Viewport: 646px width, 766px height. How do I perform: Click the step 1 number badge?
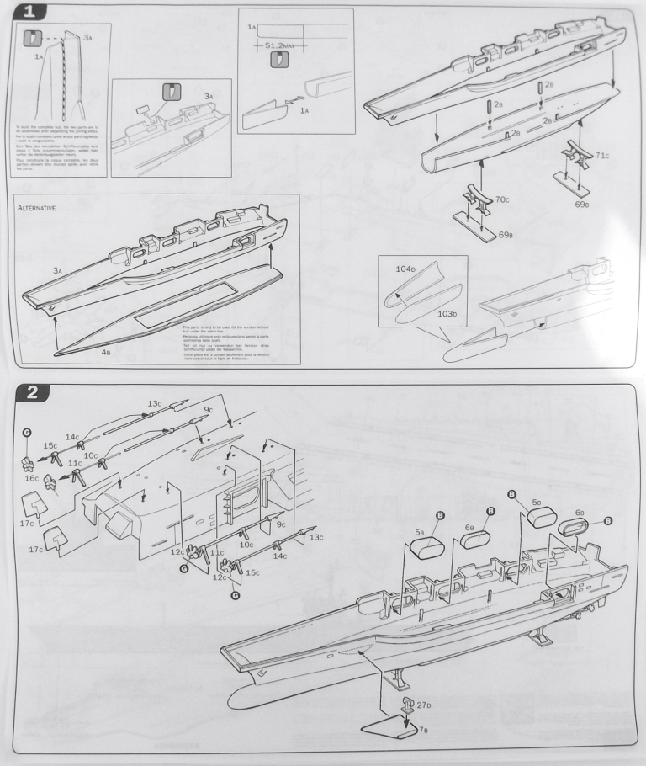[x=29, y=13]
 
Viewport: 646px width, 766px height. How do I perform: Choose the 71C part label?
[x=601, y=157]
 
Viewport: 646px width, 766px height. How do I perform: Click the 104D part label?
[x=405, y=270]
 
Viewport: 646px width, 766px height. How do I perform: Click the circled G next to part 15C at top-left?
[x=27, y=432]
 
